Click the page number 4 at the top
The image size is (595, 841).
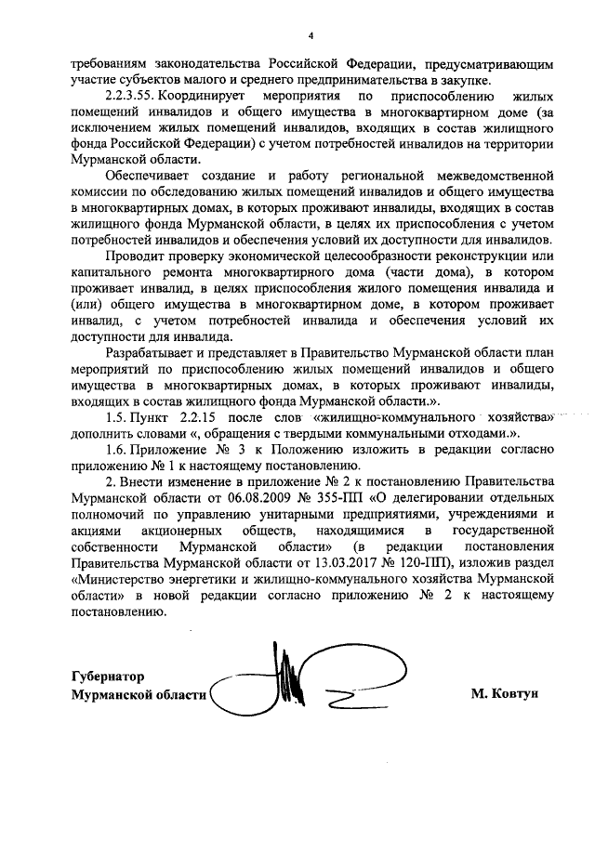[x=311, y=35]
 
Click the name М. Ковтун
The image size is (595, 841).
[x=504, y=693]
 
